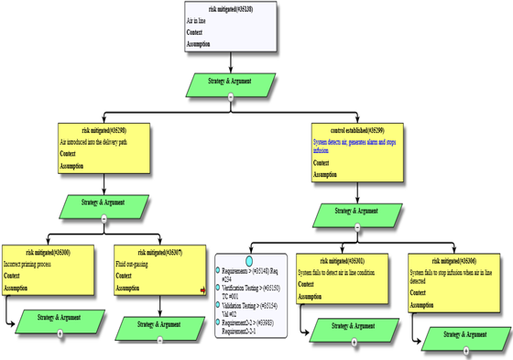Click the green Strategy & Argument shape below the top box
230,82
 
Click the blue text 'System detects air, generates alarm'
352,143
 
